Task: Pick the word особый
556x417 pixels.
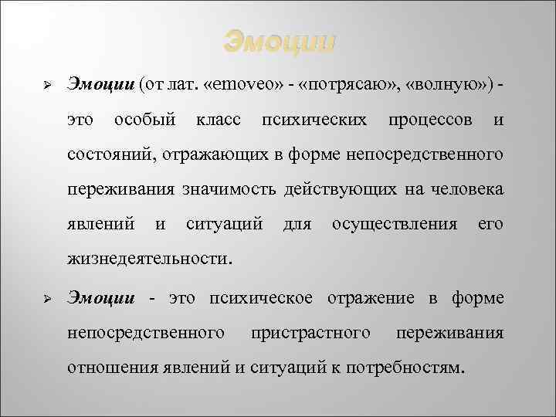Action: (146, 120)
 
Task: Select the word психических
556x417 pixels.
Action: (315, 120)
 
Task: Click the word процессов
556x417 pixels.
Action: (430, 120)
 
